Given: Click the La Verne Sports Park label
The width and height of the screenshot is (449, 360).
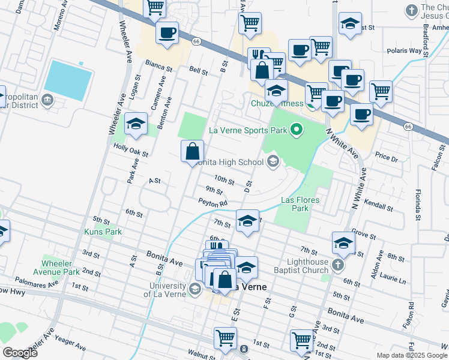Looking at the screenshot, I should [247, 129].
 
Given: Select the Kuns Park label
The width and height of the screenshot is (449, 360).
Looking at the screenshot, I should [103, 232].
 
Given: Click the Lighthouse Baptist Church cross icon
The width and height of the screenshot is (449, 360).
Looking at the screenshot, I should [338, 265].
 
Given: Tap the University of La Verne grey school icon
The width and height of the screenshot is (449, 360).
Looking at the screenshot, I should [194, 289].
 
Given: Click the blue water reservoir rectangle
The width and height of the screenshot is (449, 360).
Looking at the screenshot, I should [68, 80].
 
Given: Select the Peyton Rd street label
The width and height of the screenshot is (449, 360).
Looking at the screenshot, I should [214, 204].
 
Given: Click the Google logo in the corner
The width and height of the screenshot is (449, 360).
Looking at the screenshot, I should [20, 353].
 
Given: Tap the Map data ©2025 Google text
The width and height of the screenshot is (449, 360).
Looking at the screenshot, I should [411, 355].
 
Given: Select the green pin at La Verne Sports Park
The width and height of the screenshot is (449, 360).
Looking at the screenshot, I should [295, 129].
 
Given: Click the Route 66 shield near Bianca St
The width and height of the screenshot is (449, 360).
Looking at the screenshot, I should [196, 41].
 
